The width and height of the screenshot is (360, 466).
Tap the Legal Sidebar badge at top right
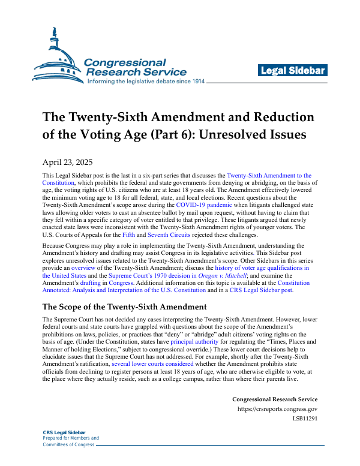[293, 71]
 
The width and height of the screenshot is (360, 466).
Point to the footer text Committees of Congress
[68, 444]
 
